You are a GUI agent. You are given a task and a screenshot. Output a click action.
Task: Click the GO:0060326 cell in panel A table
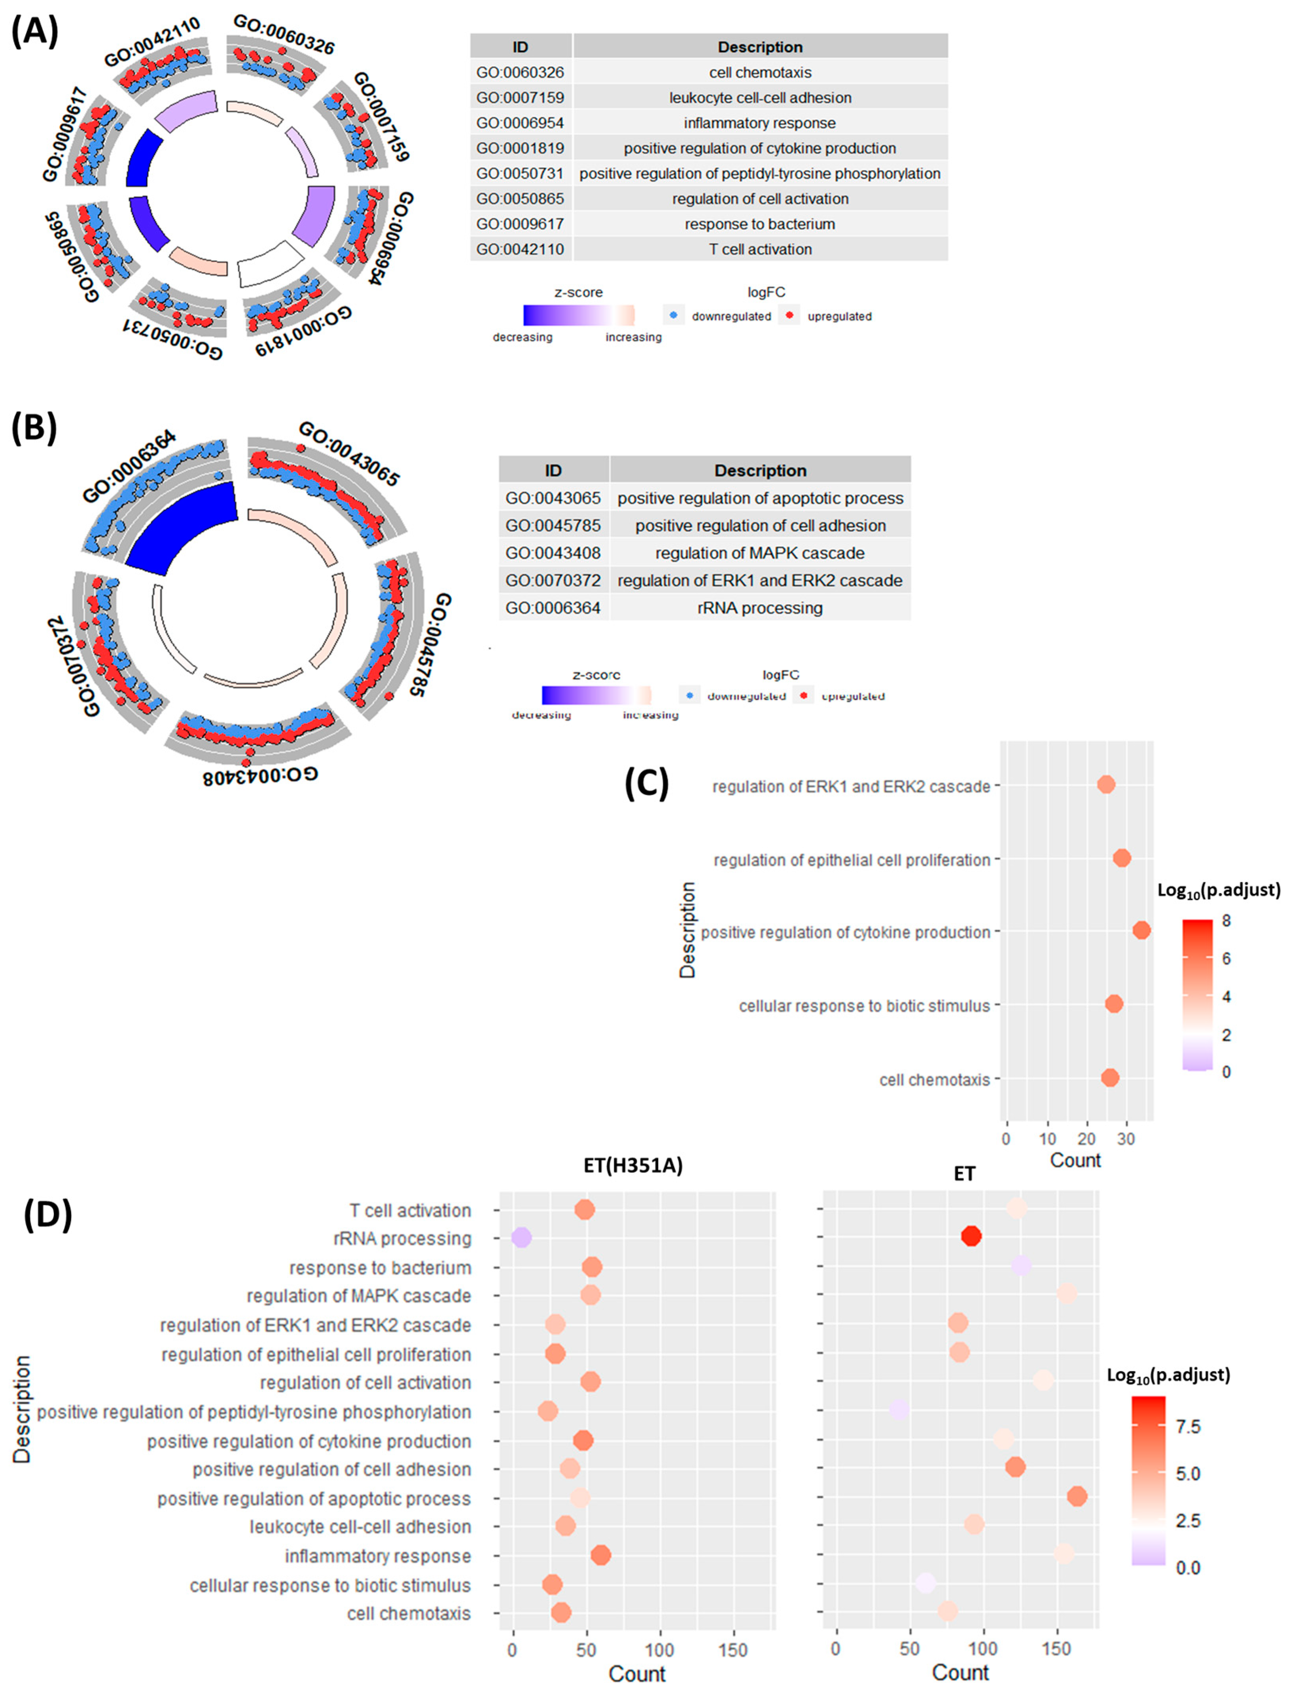point(520,72)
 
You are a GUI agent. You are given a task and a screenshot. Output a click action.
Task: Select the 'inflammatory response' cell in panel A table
point(759,123)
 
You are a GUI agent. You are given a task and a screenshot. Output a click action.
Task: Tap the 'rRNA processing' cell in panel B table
point(759,607)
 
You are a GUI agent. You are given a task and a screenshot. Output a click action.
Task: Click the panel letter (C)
point(647,784)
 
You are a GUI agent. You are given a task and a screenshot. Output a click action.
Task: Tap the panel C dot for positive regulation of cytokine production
point(1142,930)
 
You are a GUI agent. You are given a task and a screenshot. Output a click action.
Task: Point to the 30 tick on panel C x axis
point(1126,1139)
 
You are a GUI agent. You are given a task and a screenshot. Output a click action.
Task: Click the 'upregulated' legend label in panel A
point(839,316)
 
